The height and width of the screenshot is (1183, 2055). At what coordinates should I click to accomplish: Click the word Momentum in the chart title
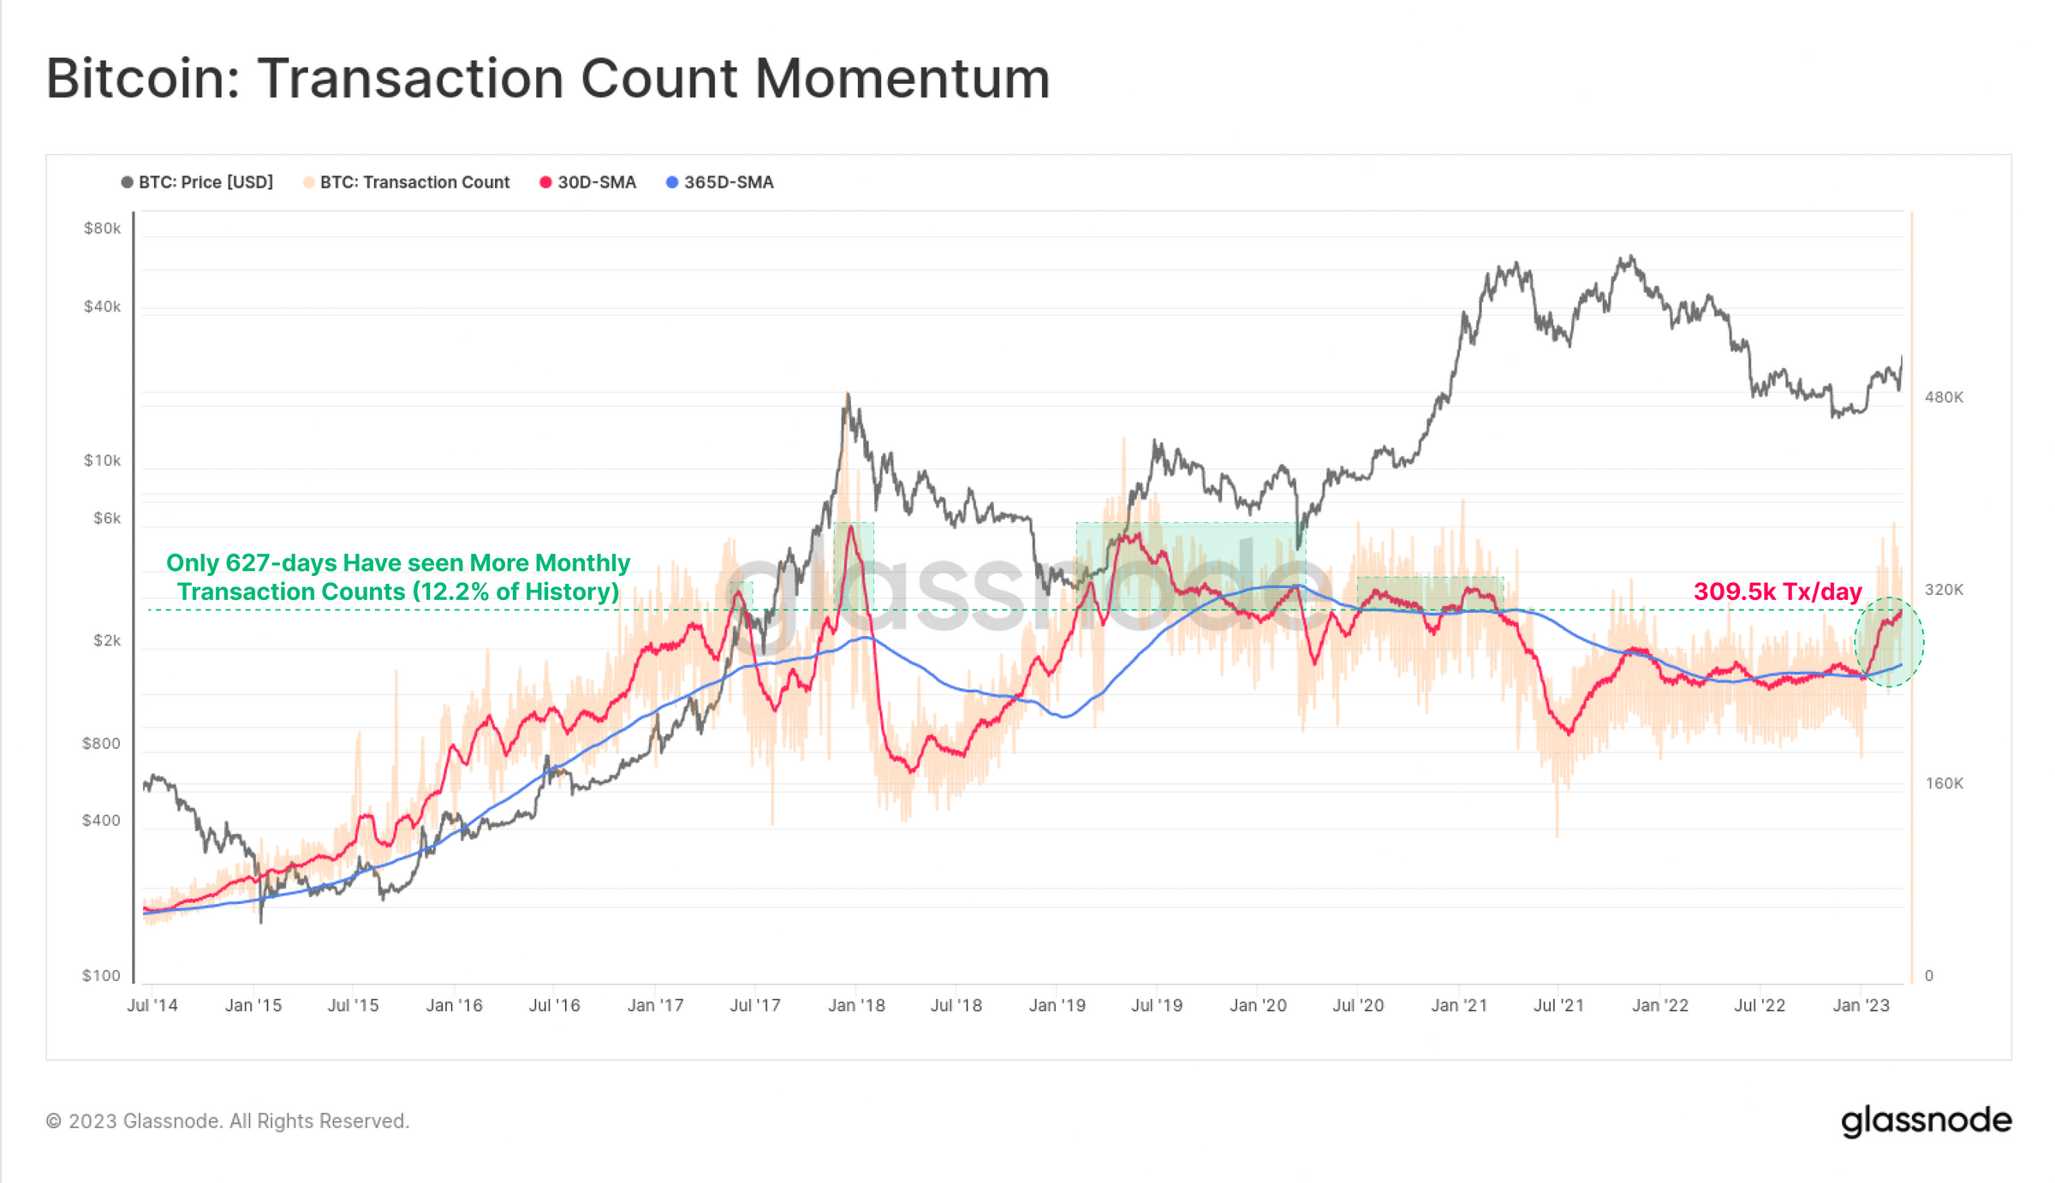(901, 79)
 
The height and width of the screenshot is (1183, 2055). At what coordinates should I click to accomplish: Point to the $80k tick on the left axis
(102, 229)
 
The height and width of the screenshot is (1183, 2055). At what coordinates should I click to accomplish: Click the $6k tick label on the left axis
(107, 518)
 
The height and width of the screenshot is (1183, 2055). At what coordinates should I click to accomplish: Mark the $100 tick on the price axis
(101, 976)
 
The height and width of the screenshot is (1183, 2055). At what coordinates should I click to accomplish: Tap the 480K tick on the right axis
(1943, 397)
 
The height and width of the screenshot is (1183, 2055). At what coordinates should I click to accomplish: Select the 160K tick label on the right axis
(1943, 783)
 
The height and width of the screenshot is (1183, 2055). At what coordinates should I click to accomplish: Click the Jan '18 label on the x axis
(856, 1006)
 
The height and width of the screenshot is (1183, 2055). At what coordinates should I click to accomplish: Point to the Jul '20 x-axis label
(1358, 1006)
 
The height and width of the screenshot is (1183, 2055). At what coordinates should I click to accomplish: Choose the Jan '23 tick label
(1860, 1006)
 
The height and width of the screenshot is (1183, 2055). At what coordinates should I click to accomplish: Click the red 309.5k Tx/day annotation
(1778, 591)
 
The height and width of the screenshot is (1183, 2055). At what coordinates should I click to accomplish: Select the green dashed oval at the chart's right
(1889, 642)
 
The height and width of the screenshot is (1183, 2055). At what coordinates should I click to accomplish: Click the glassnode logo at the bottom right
(1926, 1121)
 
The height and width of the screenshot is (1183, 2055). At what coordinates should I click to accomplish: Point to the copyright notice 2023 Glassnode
(228, 1121)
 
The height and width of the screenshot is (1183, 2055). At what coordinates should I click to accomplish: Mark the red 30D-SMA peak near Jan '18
(850, 528)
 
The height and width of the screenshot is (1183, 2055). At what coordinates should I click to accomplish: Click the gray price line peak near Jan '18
(848, 395)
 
